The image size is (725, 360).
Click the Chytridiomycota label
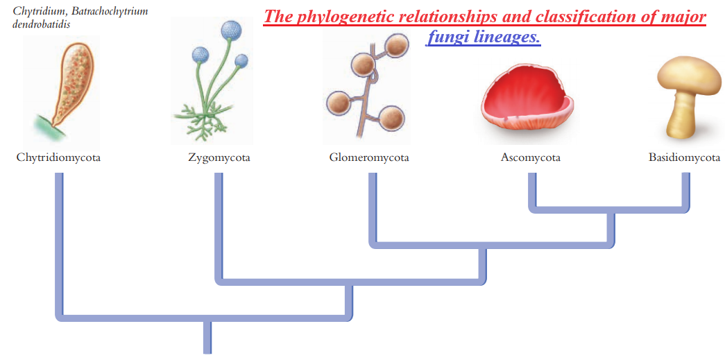tap(59, 158)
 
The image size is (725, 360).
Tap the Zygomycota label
tap(219, 158)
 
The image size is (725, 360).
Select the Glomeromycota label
tap(369, 158)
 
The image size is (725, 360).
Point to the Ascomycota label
tap(530, 158)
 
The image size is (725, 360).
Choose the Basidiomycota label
tap(684, 158)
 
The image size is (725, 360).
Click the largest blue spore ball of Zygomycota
tap(231, 31)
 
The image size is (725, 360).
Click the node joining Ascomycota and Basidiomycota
tap(611, 210)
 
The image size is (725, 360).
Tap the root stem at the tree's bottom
tap(207, 336)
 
